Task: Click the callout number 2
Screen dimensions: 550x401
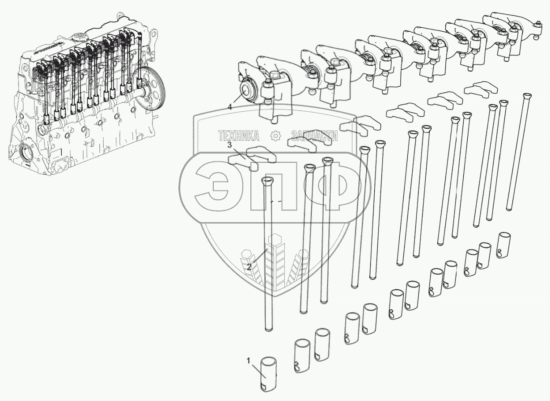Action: click(x=249, y=267)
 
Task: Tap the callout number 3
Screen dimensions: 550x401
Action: click(x=229, y=145)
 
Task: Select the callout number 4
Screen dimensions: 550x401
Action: click(x=229, y=107)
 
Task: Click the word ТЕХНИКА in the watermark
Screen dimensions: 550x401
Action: click(x=239, y=136)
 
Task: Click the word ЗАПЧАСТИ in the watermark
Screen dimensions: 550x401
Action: click(x=314, y=136)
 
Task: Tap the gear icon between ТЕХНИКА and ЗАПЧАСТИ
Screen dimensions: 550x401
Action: click(x=275, y=136)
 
